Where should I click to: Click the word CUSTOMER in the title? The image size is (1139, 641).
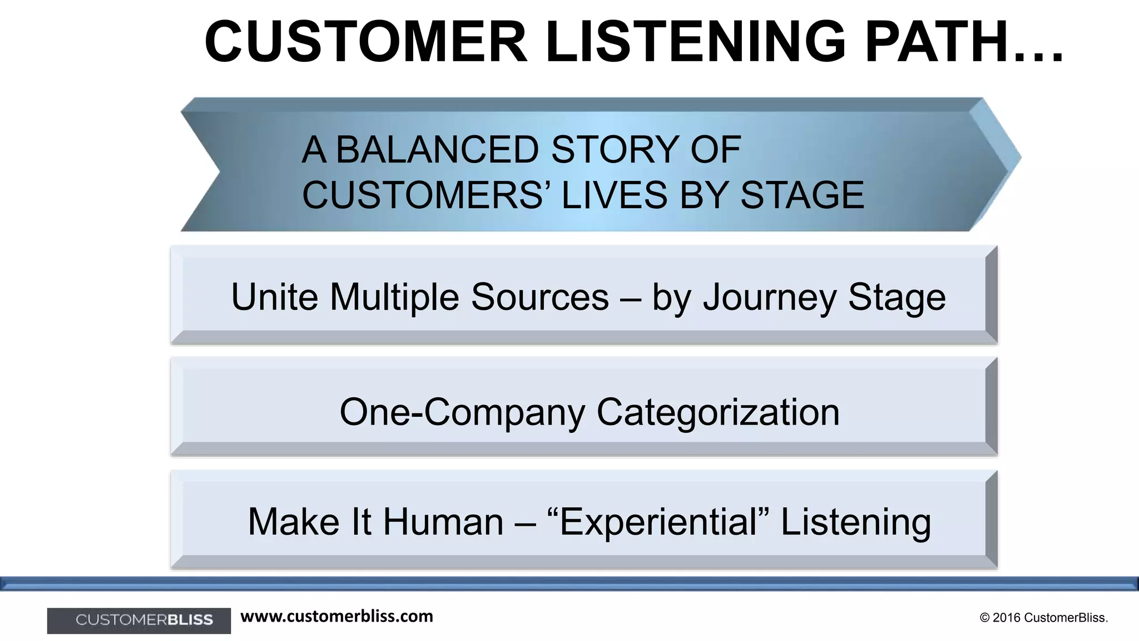coord(365,42)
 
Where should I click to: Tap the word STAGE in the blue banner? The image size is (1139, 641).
coord(802,195)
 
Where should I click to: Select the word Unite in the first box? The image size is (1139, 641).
coord(275,297)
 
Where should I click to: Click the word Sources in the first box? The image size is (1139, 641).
coord(540,297)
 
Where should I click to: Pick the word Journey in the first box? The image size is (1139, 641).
coord(770,298)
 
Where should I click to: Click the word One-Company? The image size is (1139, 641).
coord(462,412)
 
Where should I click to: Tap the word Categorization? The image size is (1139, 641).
coord(718,412)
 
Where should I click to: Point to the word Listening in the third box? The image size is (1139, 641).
coord(856,522)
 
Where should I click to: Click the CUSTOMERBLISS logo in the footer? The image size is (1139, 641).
coord(139,620)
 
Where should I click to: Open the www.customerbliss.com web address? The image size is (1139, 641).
coord(336,617)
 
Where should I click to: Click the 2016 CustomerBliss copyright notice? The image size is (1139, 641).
coord(1044,618)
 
